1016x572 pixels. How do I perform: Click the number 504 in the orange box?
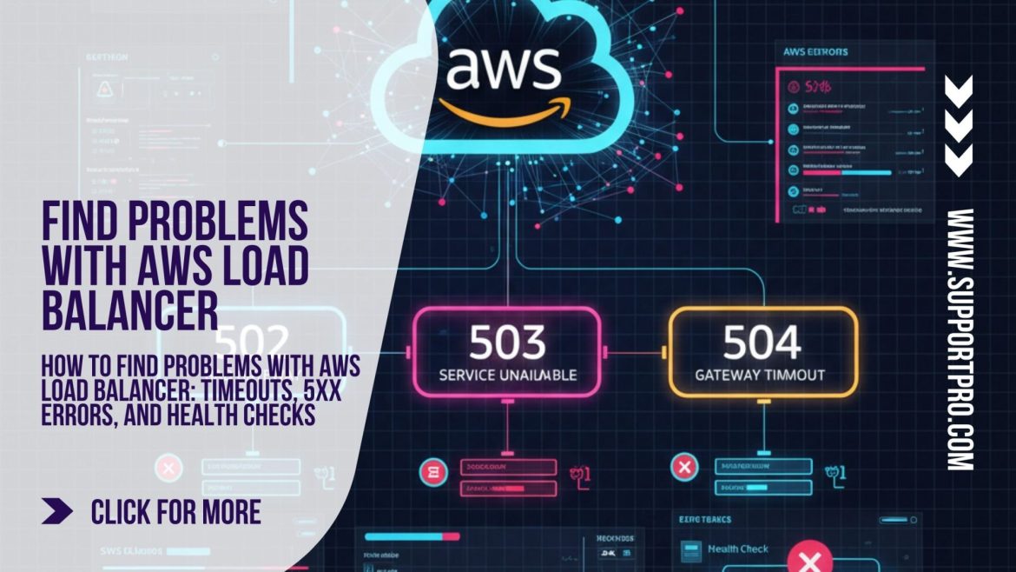tap(763, 343)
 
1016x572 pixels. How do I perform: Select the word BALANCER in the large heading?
tap(129, 310)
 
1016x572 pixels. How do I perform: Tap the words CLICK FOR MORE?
tap(175, 512)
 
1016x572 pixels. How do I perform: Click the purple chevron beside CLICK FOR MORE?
tap(57, 512)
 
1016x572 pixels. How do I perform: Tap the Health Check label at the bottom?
tap(737, 549)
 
